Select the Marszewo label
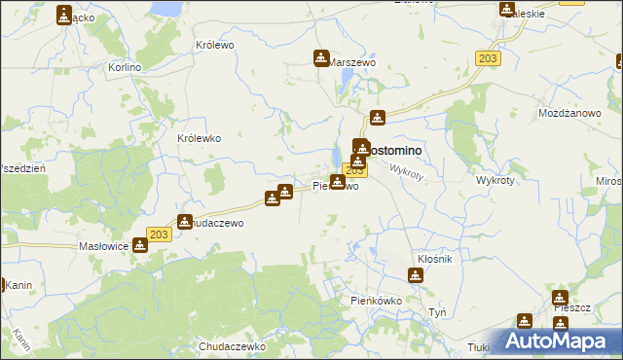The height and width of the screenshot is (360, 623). [x=352, y=62]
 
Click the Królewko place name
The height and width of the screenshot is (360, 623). [x=199, y=138]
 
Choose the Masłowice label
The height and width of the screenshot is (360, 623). [x=104, y=247]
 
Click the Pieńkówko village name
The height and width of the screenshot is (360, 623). [x=377, y=302]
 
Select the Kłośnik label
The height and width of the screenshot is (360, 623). [x=434, y=260]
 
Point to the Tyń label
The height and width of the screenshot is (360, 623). [x=437, y=312]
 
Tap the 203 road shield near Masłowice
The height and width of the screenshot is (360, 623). [x=160, y=234]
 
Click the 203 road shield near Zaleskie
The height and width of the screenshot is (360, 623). [x=489, y=59]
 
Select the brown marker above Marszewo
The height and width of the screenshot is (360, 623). [x=321, y=58]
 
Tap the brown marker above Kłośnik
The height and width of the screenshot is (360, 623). [x=416, y=275]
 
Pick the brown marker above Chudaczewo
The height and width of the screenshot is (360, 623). [x=184, y=222]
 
